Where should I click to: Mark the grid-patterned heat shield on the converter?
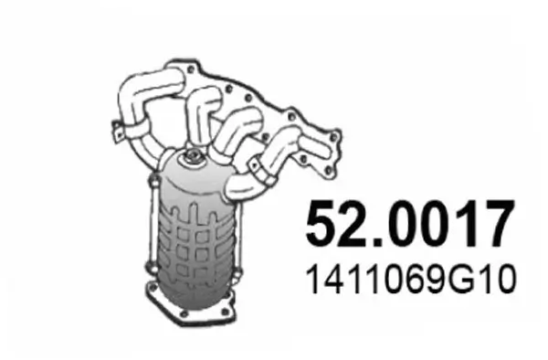(x=199, y=247)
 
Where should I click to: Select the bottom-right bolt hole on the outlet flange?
(x=230, y=317)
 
